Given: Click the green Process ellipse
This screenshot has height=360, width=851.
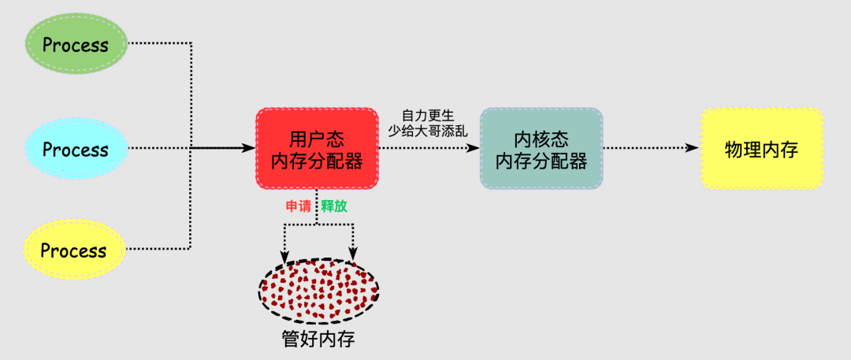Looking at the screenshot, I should (x=76, y=45).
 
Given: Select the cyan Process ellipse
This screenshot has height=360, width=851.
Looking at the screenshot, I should (x=76, y=149).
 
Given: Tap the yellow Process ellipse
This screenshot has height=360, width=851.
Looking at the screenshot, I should (x=75, y=251).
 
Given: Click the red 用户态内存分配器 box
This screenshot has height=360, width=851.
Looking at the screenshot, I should (x=317, y=149).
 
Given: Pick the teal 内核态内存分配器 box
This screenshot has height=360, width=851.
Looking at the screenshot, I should (x=541, y=149).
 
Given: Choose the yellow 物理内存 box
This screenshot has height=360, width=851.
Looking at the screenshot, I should (x=761, y=149).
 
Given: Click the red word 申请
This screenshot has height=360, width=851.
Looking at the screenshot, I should (x=299, y=206).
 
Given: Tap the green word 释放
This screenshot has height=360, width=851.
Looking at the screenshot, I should (x=334, y=206).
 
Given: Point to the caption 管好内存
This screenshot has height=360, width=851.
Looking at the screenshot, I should (x=313, y=339).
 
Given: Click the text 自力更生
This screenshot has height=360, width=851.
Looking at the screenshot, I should (x=429, y=116).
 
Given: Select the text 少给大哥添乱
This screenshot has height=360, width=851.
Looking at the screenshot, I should (x=429, y=131).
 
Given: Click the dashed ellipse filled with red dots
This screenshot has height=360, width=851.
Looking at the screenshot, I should (x=319, y=291).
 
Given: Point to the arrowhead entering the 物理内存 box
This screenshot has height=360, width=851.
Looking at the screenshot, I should (x=693, y=148).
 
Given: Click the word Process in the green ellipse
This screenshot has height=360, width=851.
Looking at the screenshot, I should (x=76, y=45).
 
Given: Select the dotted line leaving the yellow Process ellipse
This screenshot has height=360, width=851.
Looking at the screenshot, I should (x=158, y=249).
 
